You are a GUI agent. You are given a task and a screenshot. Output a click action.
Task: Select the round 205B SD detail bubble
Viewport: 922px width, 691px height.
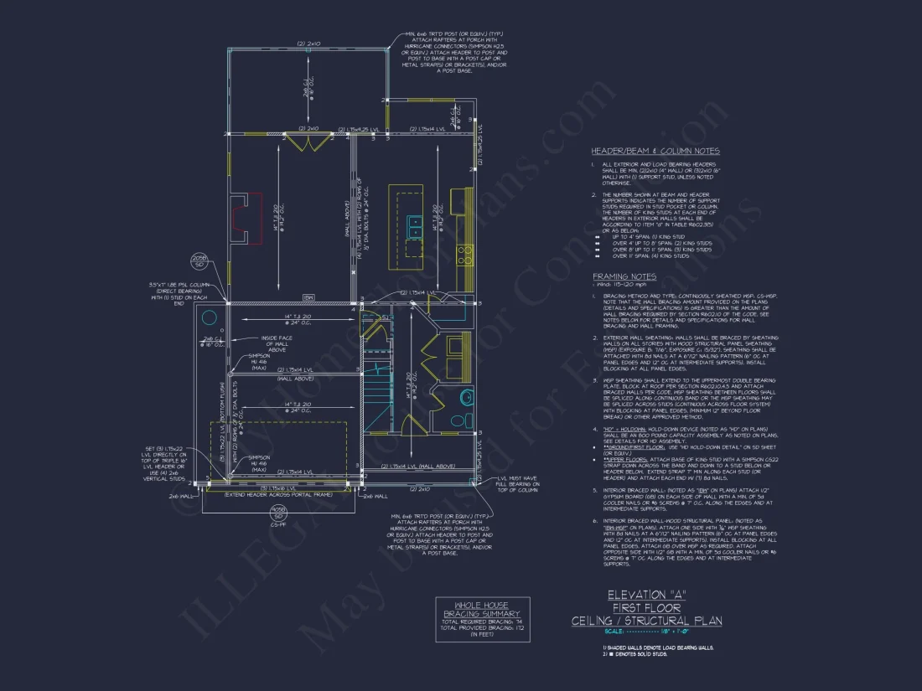pyautogui.click(x=199, y=260)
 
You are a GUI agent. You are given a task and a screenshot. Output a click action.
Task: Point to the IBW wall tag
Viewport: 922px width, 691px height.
pyautogui.click(x=308, y=297)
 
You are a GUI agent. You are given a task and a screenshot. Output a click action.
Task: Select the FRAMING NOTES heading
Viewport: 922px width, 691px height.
pyautogui.click(x=624, y=276)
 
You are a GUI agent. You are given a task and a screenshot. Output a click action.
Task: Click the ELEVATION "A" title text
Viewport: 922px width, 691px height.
pyautogui.click(x=646, y=595)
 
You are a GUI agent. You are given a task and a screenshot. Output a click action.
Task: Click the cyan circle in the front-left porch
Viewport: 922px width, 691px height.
pyautogui.click(x=207, y=319)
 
